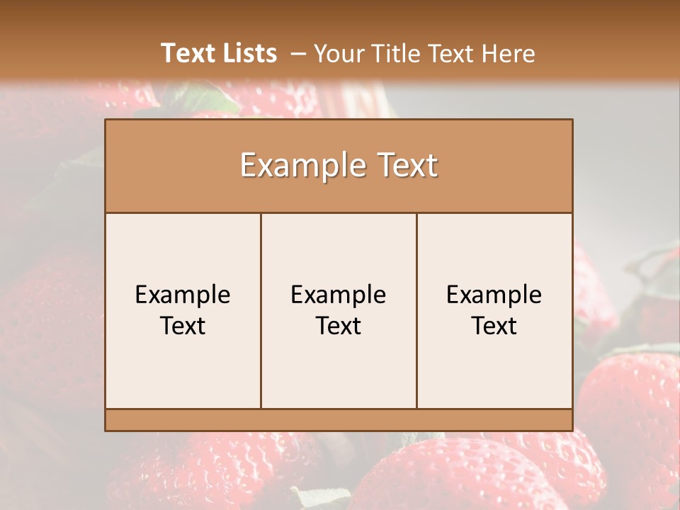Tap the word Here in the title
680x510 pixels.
click(509, 54)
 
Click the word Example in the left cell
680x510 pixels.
click(183, 295)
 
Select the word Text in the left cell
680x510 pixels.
click(183, 326)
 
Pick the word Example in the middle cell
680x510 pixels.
click(339, 295)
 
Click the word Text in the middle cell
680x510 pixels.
click(339, 326)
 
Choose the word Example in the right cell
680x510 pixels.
click(494, 295)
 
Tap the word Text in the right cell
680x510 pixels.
click(494, 326)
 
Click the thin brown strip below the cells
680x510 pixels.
click(339, 419)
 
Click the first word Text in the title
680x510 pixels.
click(188, 53)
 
